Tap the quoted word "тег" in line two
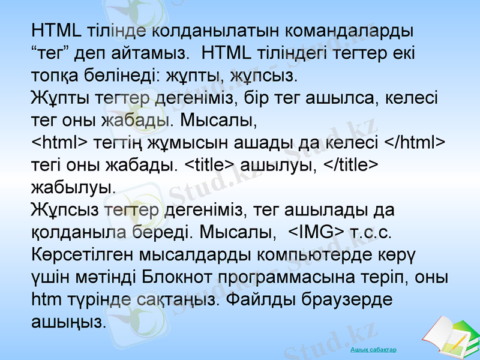pyautogui.click(x=52, y=53)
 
